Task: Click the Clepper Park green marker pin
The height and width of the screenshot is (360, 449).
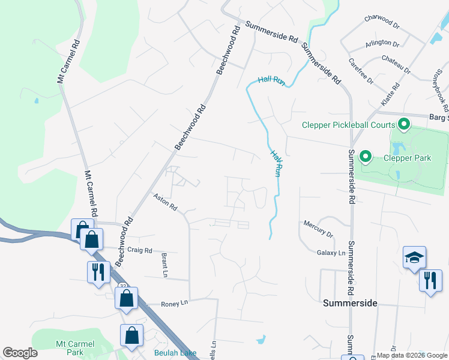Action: (x=364, y=158)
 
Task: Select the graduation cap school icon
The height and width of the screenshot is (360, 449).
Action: (x=414, y=258)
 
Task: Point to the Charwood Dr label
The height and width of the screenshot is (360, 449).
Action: (x=382, y=22)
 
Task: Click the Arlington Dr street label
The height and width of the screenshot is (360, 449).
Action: (x=382, y=44)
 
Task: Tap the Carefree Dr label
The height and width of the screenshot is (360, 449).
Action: (x=362, y=71)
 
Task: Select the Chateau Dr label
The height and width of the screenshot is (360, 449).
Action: (x=396, y=65)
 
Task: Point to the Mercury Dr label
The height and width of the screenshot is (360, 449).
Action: (x=318, y=227)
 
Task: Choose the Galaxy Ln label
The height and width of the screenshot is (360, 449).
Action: (x=331, y=253)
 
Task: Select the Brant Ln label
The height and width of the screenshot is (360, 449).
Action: (x=164, y=265)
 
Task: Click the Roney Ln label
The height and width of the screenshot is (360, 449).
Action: (x=175, y=304)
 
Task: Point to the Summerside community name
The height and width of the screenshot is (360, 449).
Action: (x=350, y=303)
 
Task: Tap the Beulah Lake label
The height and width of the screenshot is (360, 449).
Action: (x=175, y=353)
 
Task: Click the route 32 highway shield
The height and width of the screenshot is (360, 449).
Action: (x=122, y=286)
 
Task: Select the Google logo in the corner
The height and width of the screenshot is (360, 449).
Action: (x=20, y=353)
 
